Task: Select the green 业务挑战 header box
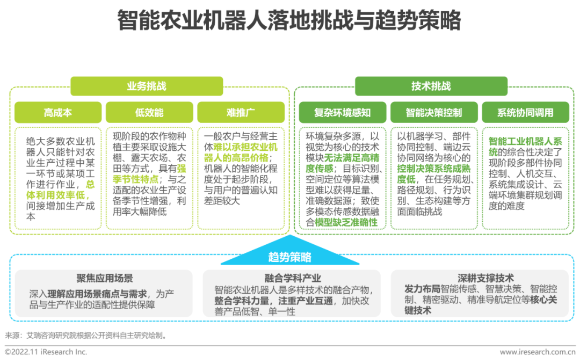click(146, 86)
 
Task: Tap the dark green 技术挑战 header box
click(431, 86)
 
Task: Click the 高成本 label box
click(57, 113)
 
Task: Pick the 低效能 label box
click(149, 113)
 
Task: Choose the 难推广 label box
click(240, 113)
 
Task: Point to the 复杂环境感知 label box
click(342, 113)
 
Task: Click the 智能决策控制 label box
click(433, 113)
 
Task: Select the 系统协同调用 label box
click(525, 113)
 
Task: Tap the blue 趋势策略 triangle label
click(289, 257)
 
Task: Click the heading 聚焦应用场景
click(105, 278)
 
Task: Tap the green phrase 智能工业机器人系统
click(524, 147)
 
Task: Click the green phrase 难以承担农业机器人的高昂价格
click(241, 151)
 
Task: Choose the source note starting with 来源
click(86, 336)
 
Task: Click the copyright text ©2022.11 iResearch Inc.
click(46, 352)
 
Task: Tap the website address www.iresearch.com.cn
click(537, 352)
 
